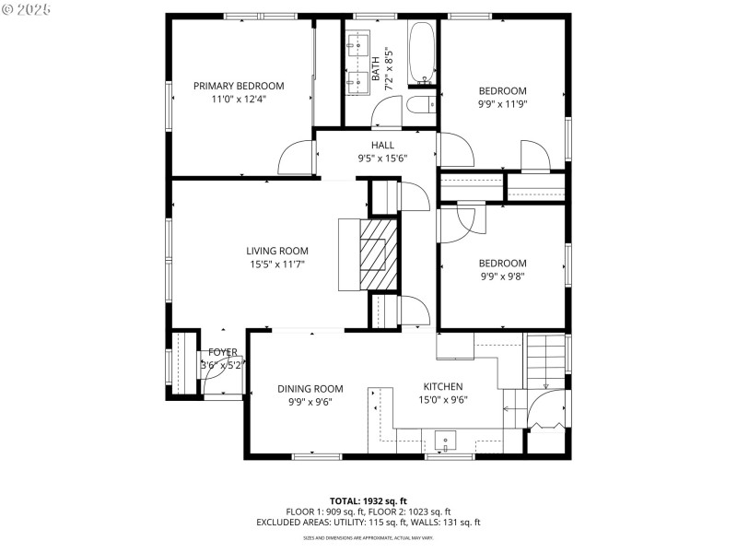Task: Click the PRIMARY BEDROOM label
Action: click(239, 86)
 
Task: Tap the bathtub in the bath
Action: click(422, 51)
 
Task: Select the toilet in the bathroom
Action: click(421, 104)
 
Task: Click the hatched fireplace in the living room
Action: click(379, 253)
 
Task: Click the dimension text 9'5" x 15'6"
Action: click(382, 159)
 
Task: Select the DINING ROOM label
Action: click(310, 389)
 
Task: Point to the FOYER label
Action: click(222, 352)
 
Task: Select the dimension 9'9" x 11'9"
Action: click(502, 104)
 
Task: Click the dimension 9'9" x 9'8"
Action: click(502, 276)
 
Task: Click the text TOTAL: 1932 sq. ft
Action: click(368, 500)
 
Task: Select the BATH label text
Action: click(375, 66)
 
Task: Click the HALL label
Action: click(382, 146)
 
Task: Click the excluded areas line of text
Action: click(368, 523)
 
